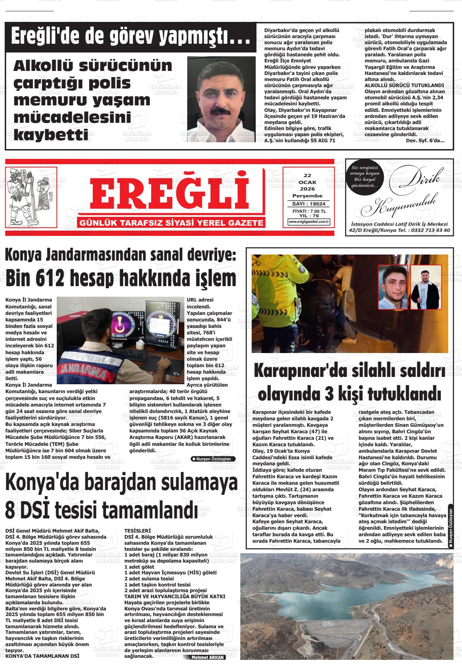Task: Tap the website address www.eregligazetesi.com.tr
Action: coord(309,222)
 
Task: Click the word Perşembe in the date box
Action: coord(307,196)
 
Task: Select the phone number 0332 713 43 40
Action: coord(430,230)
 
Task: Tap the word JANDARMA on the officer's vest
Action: coord(81,370)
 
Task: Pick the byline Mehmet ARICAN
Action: coord(208,657)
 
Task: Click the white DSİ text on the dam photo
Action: coord(328,624)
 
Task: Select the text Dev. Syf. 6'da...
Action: coord(424,140)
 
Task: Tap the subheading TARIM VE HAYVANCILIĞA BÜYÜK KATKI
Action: coord(175,596)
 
